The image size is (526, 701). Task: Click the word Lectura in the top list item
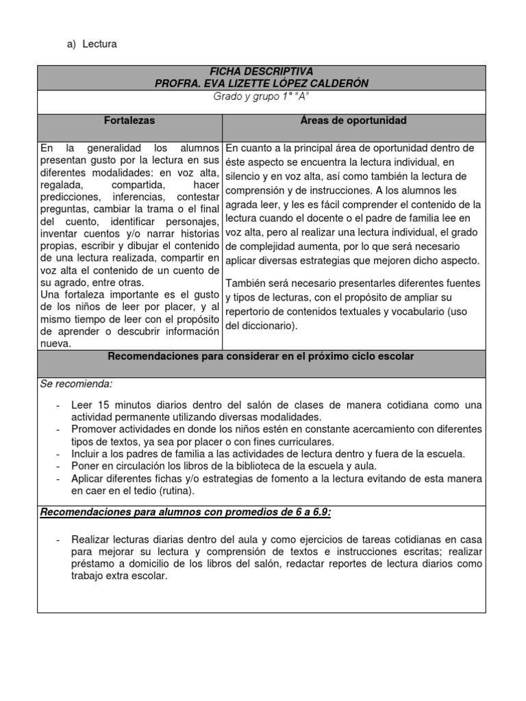pos(99,44)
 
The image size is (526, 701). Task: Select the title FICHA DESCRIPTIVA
pos(262,71)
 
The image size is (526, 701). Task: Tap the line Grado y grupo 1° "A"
pos(262,97)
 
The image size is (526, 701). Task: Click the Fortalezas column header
pos(129,120)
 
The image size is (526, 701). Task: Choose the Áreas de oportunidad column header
pos(354,120)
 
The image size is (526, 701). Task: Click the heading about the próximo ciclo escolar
pos(262,357)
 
